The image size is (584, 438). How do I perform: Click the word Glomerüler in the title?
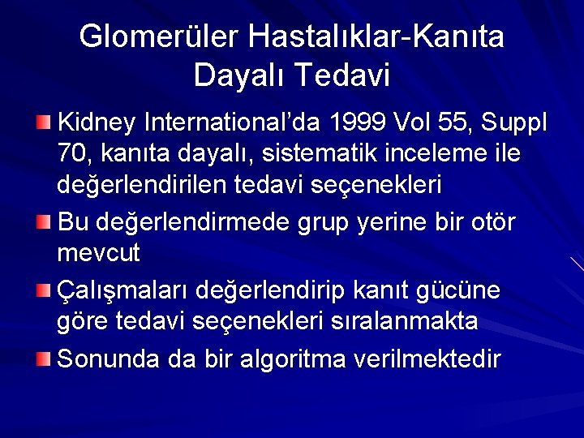[x=159, y=37]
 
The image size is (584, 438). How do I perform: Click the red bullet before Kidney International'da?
[x=44, y=122]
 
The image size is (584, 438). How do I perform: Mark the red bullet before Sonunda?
[x=44, y=357]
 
